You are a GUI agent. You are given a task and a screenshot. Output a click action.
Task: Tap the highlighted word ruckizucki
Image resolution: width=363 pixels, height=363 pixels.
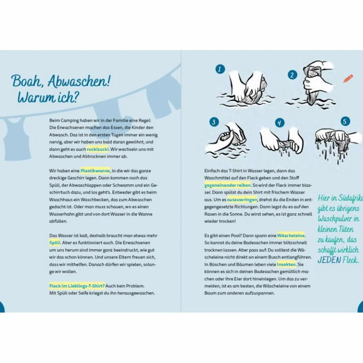pos(98,149)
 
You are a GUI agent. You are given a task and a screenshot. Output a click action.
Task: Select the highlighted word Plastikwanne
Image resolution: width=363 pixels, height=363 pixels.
pos(95,171)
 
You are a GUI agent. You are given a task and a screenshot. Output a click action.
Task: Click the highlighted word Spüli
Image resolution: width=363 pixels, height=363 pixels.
pos(55,243)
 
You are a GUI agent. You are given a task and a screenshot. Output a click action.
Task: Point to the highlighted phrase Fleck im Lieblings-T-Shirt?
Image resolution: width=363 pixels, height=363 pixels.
pos(77,286)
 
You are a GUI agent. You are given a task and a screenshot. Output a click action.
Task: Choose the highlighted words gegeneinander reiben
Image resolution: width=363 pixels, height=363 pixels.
pos(227,185)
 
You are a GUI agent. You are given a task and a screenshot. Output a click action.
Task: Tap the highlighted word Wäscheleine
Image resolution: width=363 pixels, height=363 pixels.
pos(291,235)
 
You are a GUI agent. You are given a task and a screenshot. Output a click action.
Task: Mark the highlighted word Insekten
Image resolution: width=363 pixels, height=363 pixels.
pos(286,265)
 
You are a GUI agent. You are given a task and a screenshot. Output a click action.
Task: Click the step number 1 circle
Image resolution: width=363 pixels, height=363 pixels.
pos(220,69)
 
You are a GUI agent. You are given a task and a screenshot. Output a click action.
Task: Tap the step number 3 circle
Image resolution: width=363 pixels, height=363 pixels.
pos(214,122)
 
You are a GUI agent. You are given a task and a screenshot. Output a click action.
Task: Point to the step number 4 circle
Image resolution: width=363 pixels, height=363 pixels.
pos(280,123)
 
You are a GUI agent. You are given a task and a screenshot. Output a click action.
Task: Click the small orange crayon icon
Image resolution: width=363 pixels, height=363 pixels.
pos(348,78)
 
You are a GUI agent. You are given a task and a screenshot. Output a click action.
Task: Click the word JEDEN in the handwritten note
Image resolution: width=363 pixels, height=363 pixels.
pos(329,260)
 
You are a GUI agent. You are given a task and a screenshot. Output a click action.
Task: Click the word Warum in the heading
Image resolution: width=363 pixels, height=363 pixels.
pos(36,97)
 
